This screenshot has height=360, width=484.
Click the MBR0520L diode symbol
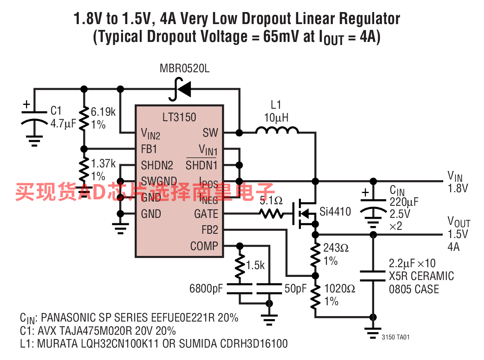coord(180,89)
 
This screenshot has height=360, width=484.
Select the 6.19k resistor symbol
coord(84,118)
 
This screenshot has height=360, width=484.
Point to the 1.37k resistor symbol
coord(84,169)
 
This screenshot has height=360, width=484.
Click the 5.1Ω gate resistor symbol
coord(271,214)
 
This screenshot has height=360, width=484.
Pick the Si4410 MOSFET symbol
coord(304,214)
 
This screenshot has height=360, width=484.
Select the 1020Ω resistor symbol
coord(315,296)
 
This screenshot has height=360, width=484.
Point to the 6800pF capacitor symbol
coord(239,289)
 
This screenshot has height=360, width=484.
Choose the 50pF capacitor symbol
coord(269,289)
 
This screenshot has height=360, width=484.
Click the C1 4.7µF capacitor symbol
coord(34,118)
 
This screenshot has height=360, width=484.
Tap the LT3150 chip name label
coord(179,117)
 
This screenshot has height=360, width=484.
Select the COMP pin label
coord(204,246)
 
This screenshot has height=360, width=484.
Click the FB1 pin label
coord(149,149)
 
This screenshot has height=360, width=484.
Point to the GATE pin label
coord(206,214)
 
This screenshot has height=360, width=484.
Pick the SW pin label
coord(210,132)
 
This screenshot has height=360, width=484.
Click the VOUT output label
coord(459,222)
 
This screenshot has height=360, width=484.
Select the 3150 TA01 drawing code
coord(396,337)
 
